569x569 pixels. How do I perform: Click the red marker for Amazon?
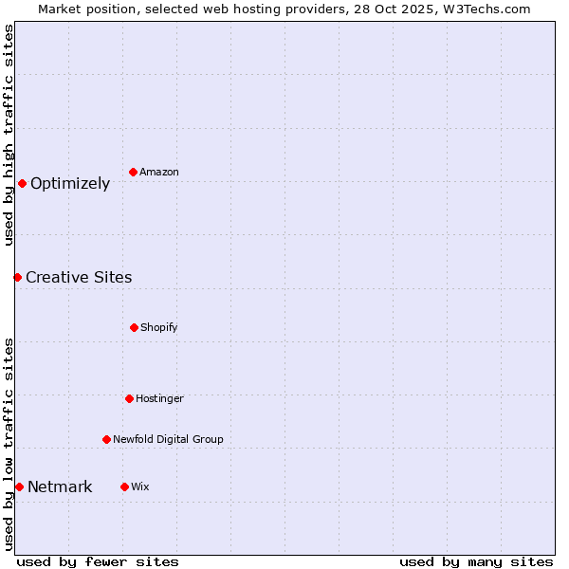point(134,172)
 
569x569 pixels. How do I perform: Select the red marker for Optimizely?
point(22,183)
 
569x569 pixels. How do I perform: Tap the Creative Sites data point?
point(17,277)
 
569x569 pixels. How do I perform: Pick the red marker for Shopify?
point(134,327)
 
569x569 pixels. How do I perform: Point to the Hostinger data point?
point(129,398)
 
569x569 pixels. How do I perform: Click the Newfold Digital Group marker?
point(106,439)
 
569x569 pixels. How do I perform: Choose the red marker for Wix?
point(124,486)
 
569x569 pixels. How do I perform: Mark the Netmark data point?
point(19,486)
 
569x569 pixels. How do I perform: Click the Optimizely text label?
point(70,184)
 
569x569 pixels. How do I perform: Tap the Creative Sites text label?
point(79,278)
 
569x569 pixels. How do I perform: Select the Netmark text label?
point(60,487)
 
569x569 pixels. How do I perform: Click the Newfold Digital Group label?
point(168,439)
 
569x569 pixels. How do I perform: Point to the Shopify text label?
point(158,327)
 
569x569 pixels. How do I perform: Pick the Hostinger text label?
point(159,398)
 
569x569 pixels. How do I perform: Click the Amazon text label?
point(158,172)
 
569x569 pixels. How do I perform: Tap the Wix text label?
point(139,486)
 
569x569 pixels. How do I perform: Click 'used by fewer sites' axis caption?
point(98,561)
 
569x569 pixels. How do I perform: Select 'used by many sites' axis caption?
point(476,561)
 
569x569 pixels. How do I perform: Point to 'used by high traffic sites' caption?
point(9,135)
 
